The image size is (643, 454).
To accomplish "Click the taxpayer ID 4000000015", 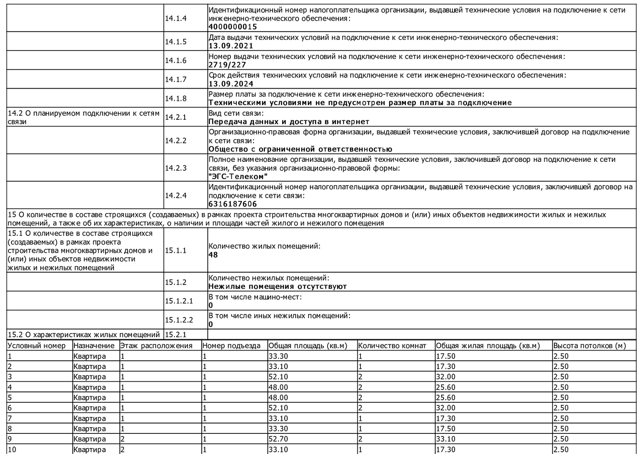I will click(233, 27).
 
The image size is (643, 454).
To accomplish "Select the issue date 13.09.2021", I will click(231, 46).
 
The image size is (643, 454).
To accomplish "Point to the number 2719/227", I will click(227, 65).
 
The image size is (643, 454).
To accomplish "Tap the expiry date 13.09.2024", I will click(231, 84).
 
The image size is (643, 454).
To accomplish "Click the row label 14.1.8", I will click(175, 98).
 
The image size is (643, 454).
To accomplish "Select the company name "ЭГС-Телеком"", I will click(238, 177).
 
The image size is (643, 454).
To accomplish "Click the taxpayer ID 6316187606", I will click(233, 204).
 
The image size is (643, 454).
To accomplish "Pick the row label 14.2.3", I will click(175, 168).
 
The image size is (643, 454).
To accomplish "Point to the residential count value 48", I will click(213, 255).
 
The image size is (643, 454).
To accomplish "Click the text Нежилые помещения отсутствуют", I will click(278, 287).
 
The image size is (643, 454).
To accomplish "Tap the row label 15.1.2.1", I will click(179, 301).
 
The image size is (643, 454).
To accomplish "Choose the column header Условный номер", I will click(37, 346).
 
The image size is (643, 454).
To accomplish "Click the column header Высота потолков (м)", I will click(589, 346).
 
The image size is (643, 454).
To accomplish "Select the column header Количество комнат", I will click(392, 346).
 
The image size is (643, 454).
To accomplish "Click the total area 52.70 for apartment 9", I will click(278, 439).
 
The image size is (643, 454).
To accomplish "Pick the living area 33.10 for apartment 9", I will click(445, 439).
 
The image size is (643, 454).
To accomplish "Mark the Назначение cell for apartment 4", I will click(90, 387).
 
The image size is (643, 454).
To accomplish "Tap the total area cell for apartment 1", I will click(278, 356).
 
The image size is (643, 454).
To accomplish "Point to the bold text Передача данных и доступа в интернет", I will click(289, 122).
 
